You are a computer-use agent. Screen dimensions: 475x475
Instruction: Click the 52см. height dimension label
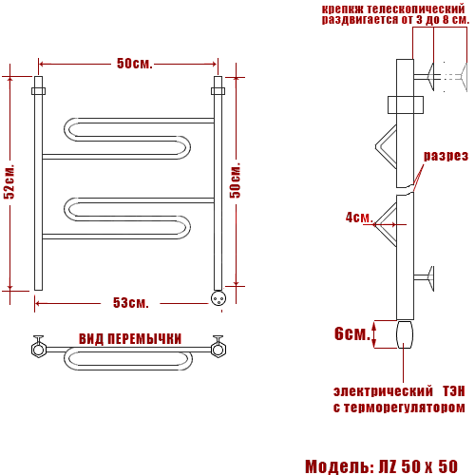9,181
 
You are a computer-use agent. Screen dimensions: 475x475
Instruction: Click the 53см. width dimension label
131,303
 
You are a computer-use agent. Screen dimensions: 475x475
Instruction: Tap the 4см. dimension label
358,218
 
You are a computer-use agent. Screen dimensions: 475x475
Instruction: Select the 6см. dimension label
352,333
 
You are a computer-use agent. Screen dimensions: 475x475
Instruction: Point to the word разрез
446,156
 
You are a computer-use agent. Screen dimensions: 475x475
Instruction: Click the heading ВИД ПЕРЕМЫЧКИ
130,339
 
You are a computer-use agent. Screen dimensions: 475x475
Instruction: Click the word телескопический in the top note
416,9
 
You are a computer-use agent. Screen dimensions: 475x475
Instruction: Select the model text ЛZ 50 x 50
418,466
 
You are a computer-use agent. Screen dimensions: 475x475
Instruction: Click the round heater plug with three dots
218,298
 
